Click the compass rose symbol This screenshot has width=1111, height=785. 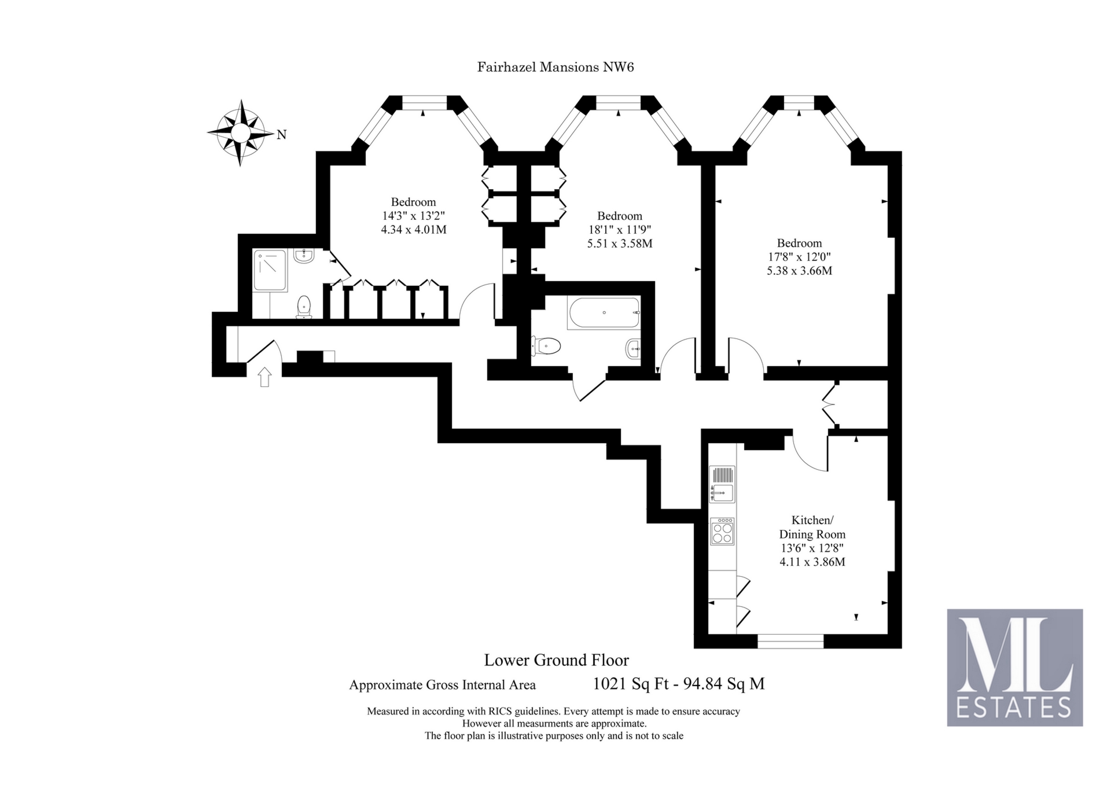(240, 133)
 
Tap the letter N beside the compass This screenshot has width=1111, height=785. (282, 135)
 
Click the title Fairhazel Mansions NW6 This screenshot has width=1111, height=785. (555, 67)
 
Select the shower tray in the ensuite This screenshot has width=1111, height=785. (270, 270)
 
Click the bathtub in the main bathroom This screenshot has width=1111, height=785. (604, 313)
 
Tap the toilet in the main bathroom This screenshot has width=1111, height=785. (546, 347)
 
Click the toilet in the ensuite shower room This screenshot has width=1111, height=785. (303, 306)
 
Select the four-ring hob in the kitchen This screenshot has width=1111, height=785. (722, 530)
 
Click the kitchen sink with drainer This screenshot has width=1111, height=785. (722, 484)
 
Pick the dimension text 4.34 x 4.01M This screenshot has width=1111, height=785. (413, 230)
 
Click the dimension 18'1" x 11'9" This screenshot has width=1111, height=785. (619, 230)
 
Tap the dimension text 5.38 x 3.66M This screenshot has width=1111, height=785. (799, 271)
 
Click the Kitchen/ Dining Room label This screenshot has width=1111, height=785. (812, 527)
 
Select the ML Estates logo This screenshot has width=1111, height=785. (1014, 667)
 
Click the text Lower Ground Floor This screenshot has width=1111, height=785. (556, 660)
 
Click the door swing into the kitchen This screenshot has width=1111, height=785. (810, 454)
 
